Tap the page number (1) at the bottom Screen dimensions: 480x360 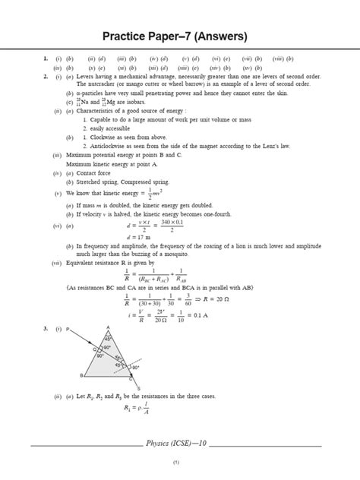(x=175, y=463)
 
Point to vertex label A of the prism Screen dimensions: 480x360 (x=108, y=327)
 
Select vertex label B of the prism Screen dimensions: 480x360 (x=81, y=376)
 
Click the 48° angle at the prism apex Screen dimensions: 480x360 (x=107, y=338)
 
